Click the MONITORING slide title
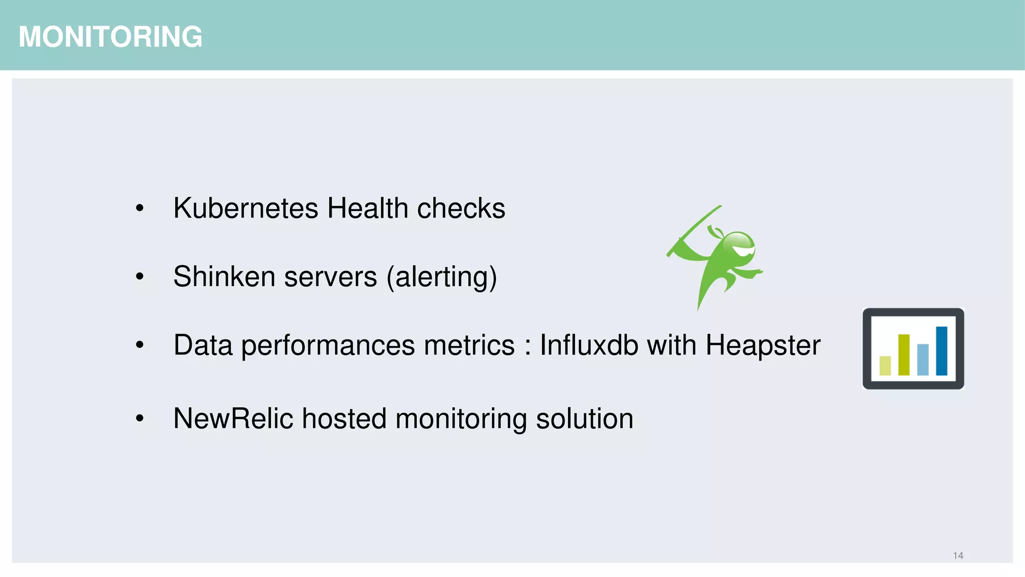coord(111,37)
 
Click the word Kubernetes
coord(245,208)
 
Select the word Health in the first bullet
coord(367,208)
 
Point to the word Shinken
coord(224,276)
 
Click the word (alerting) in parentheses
coord(441,277)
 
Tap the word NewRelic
coord(233,419)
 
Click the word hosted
coord(344,419)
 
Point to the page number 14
coord(958,555)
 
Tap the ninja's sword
coord(694,230)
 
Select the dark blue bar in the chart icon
coord(941,351)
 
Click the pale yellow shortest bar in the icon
coord(885,365)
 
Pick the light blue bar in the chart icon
coord(923,359)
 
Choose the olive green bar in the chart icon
coord(904,354)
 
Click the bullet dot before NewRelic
coord(140,418)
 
